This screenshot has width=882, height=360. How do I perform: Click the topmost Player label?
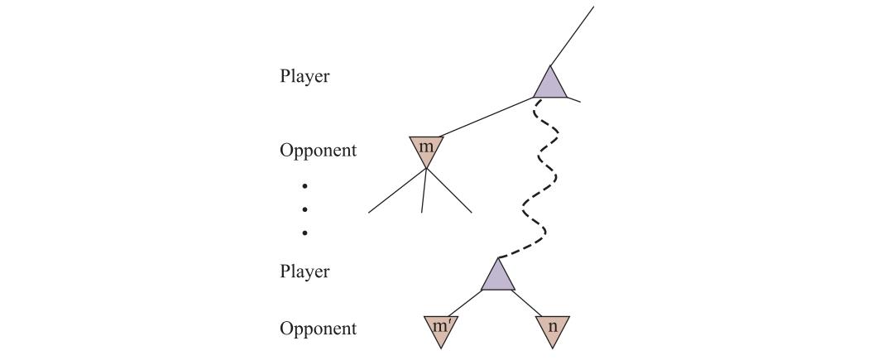click(x=304, y=76)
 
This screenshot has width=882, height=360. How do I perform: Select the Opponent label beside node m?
click(x=318, y=151)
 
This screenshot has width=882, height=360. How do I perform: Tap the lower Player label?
click(x=304, y=271)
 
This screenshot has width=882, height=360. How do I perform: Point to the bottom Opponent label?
click(x=318, y=329)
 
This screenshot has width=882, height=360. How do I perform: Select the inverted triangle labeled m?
click(x=427, y=150)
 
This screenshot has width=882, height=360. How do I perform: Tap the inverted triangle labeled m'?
click(x=440, y=329)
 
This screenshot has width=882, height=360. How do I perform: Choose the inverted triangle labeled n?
click(x=553, y=329)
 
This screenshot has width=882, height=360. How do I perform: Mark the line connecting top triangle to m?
click(x=487, y=117)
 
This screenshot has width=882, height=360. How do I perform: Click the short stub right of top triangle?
click(x=573, y=99)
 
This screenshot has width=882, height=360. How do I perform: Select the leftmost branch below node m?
click(x=397, y=190)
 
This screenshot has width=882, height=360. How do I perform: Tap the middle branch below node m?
click(x=424, y=190)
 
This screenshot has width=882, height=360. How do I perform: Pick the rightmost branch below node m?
click(x=449, y=190)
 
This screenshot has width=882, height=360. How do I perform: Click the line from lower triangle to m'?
click(x=465, y=303)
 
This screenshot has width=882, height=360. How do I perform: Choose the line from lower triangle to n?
click(x=529, y=303)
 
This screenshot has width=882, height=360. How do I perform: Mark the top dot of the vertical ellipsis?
click(x=304, y=185)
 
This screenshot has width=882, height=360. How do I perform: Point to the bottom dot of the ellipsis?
click(x=304, y=233)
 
